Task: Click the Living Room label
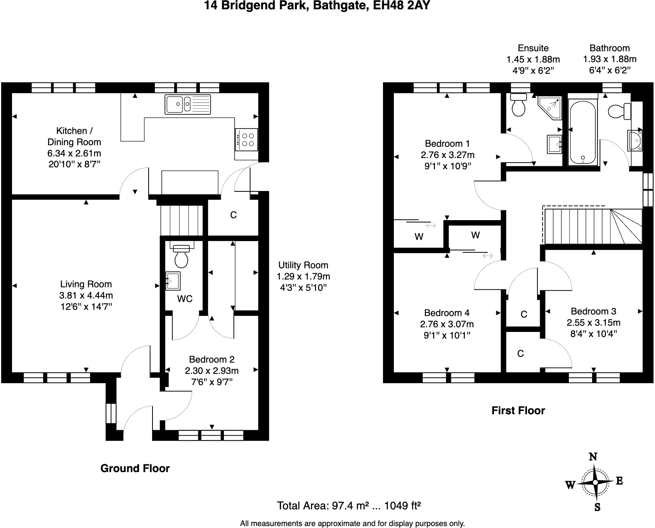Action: click(86, 284)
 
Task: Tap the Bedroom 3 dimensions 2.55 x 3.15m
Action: click(593, 322)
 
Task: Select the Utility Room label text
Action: click(303, 265)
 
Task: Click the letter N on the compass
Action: click(593, 457)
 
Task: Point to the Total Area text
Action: click(349, 505)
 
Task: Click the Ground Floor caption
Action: click(135, 468)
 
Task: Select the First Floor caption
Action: click(518, 410)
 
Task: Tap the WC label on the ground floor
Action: click(185, 299)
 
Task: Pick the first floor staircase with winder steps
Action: click(593, 226)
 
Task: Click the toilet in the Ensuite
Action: click(518, 105)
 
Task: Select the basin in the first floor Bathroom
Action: click(635, 140)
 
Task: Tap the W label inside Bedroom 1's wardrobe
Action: click(419, 236)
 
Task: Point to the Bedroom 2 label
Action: click(211, 360)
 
